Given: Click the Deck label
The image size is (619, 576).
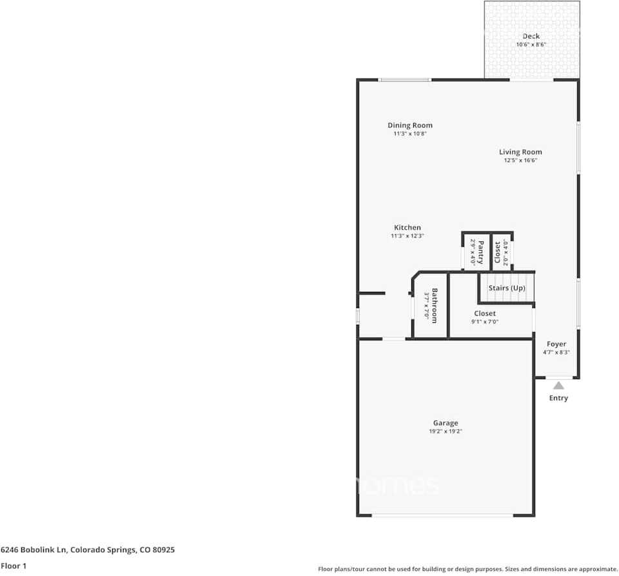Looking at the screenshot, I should point(531,36).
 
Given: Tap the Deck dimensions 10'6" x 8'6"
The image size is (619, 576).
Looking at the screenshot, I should point(531,45).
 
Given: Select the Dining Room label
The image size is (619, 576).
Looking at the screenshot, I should point(409,125).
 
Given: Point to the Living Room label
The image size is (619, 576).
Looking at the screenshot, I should point(520,152).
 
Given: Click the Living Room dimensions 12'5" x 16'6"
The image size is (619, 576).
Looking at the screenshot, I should point(520,161).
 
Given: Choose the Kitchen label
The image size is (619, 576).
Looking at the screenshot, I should point(408,227).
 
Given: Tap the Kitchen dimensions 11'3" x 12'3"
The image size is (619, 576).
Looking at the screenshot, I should point(408,236).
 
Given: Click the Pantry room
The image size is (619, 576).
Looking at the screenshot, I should point(477,252).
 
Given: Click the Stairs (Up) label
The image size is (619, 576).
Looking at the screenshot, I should point(506,288).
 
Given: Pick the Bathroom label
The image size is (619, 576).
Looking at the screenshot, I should point(435,305).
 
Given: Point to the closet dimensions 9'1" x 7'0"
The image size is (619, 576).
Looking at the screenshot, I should point(485,322).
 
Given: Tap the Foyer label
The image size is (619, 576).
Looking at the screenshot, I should point(556,344).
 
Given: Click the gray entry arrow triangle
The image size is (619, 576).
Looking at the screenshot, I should point(558,386).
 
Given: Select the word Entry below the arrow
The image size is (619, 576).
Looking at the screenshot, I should point(558,398).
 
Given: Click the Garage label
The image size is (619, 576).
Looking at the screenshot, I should point(446,423).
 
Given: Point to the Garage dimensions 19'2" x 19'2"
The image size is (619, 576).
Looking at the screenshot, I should point(446,431).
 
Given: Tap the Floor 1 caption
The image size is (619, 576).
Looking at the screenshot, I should point(14,566).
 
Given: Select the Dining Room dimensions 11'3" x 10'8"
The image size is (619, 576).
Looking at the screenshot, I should point(409,134).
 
